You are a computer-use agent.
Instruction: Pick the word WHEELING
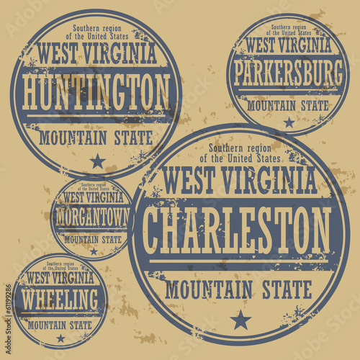(x=60, y=297)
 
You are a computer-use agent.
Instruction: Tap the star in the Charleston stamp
(x=240, y=319)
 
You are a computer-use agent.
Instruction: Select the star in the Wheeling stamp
(x=60, y=337)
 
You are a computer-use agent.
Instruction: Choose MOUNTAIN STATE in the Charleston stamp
(x=238, y=289)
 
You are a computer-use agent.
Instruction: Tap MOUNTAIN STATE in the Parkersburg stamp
(x=289, y=105)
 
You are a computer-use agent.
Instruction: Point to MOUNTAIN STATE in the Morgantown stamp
(x=92, y=238)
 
